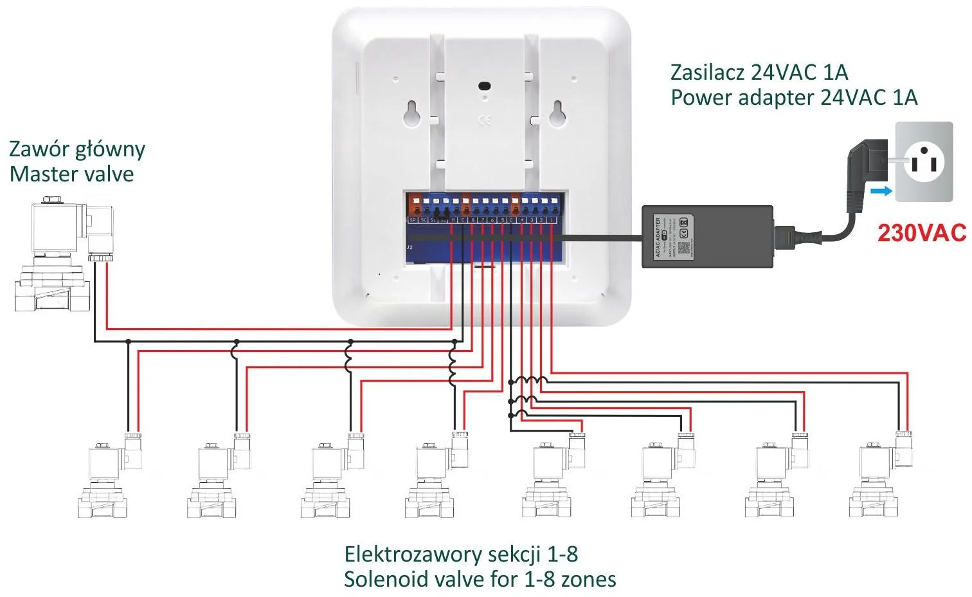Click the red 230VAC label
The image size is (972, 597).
click(x=921, y=233)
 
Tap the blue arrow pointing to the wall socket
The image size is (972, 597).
click(x=881, y=191)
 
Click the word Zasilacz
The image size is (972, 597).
click(x=703, y=72)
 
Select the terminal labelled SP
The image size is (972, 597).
click(x=413, y=220)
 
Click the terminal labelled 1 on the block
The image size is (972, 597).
click(x=552, y=220)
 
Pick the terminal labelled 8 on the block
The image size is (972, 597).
click(x=473, y=220)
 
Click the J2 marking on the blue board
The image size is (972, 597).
click(x=410, y=247)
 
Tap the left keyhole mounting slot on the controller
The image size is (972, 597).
click(x=412, y=114)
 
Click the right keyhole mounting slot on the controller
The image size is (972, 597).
click(x=557, y=114)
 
